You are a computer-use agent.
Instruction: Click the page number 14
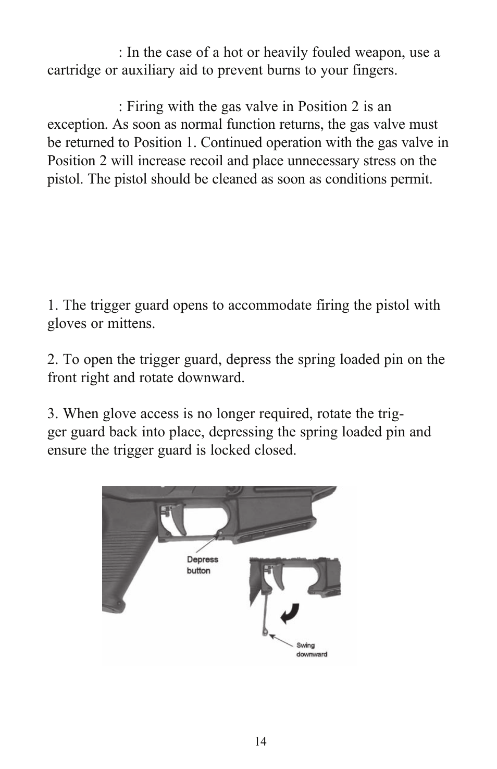(260, 742)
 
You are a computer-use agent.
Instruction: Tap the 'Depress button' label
(202, 565)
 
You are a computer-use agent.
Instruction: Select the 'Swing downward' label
(312, 650)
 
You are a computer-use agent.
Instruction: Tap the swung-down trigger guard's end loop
(265, 632)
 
